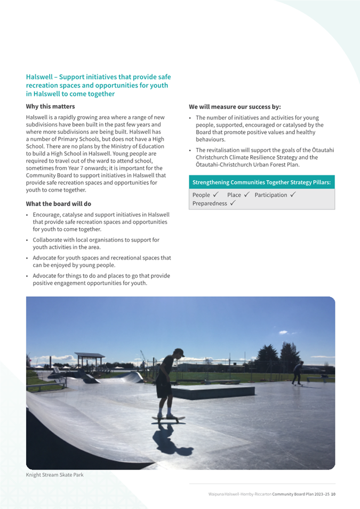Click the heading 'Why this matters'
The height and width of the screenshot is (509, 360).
(x=49, y=106)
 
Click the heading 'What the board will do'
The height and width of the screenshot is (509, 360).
(x=59, y=204)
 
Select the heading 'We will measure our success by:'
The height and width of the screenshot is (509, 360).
(x=235, y=106)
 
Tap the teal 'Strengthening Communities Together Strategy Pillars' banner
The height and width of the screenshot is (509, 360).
(x=261, y=182)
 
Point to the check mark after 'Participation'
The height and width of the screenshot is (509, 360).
(x=293, y=195)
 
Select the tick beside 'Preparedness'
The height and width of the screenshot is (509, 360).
(x=234, y=204)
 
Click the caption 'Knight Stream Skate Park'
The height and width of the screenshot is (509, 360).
(x=55, y=475)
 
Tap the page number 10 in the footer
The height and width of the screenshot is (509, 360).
(x=333, y=494)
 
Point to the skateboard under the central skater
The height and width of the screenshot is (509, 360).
(x=167, y=418)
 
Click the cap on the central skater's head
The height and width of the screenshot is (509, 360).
(x=180, y=352)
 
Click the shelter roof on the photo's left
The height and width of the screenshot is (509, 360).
(x=89, y=354)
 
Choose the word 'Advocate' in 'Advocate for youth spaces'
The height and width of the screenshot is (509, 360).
(x=45, y=258)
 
